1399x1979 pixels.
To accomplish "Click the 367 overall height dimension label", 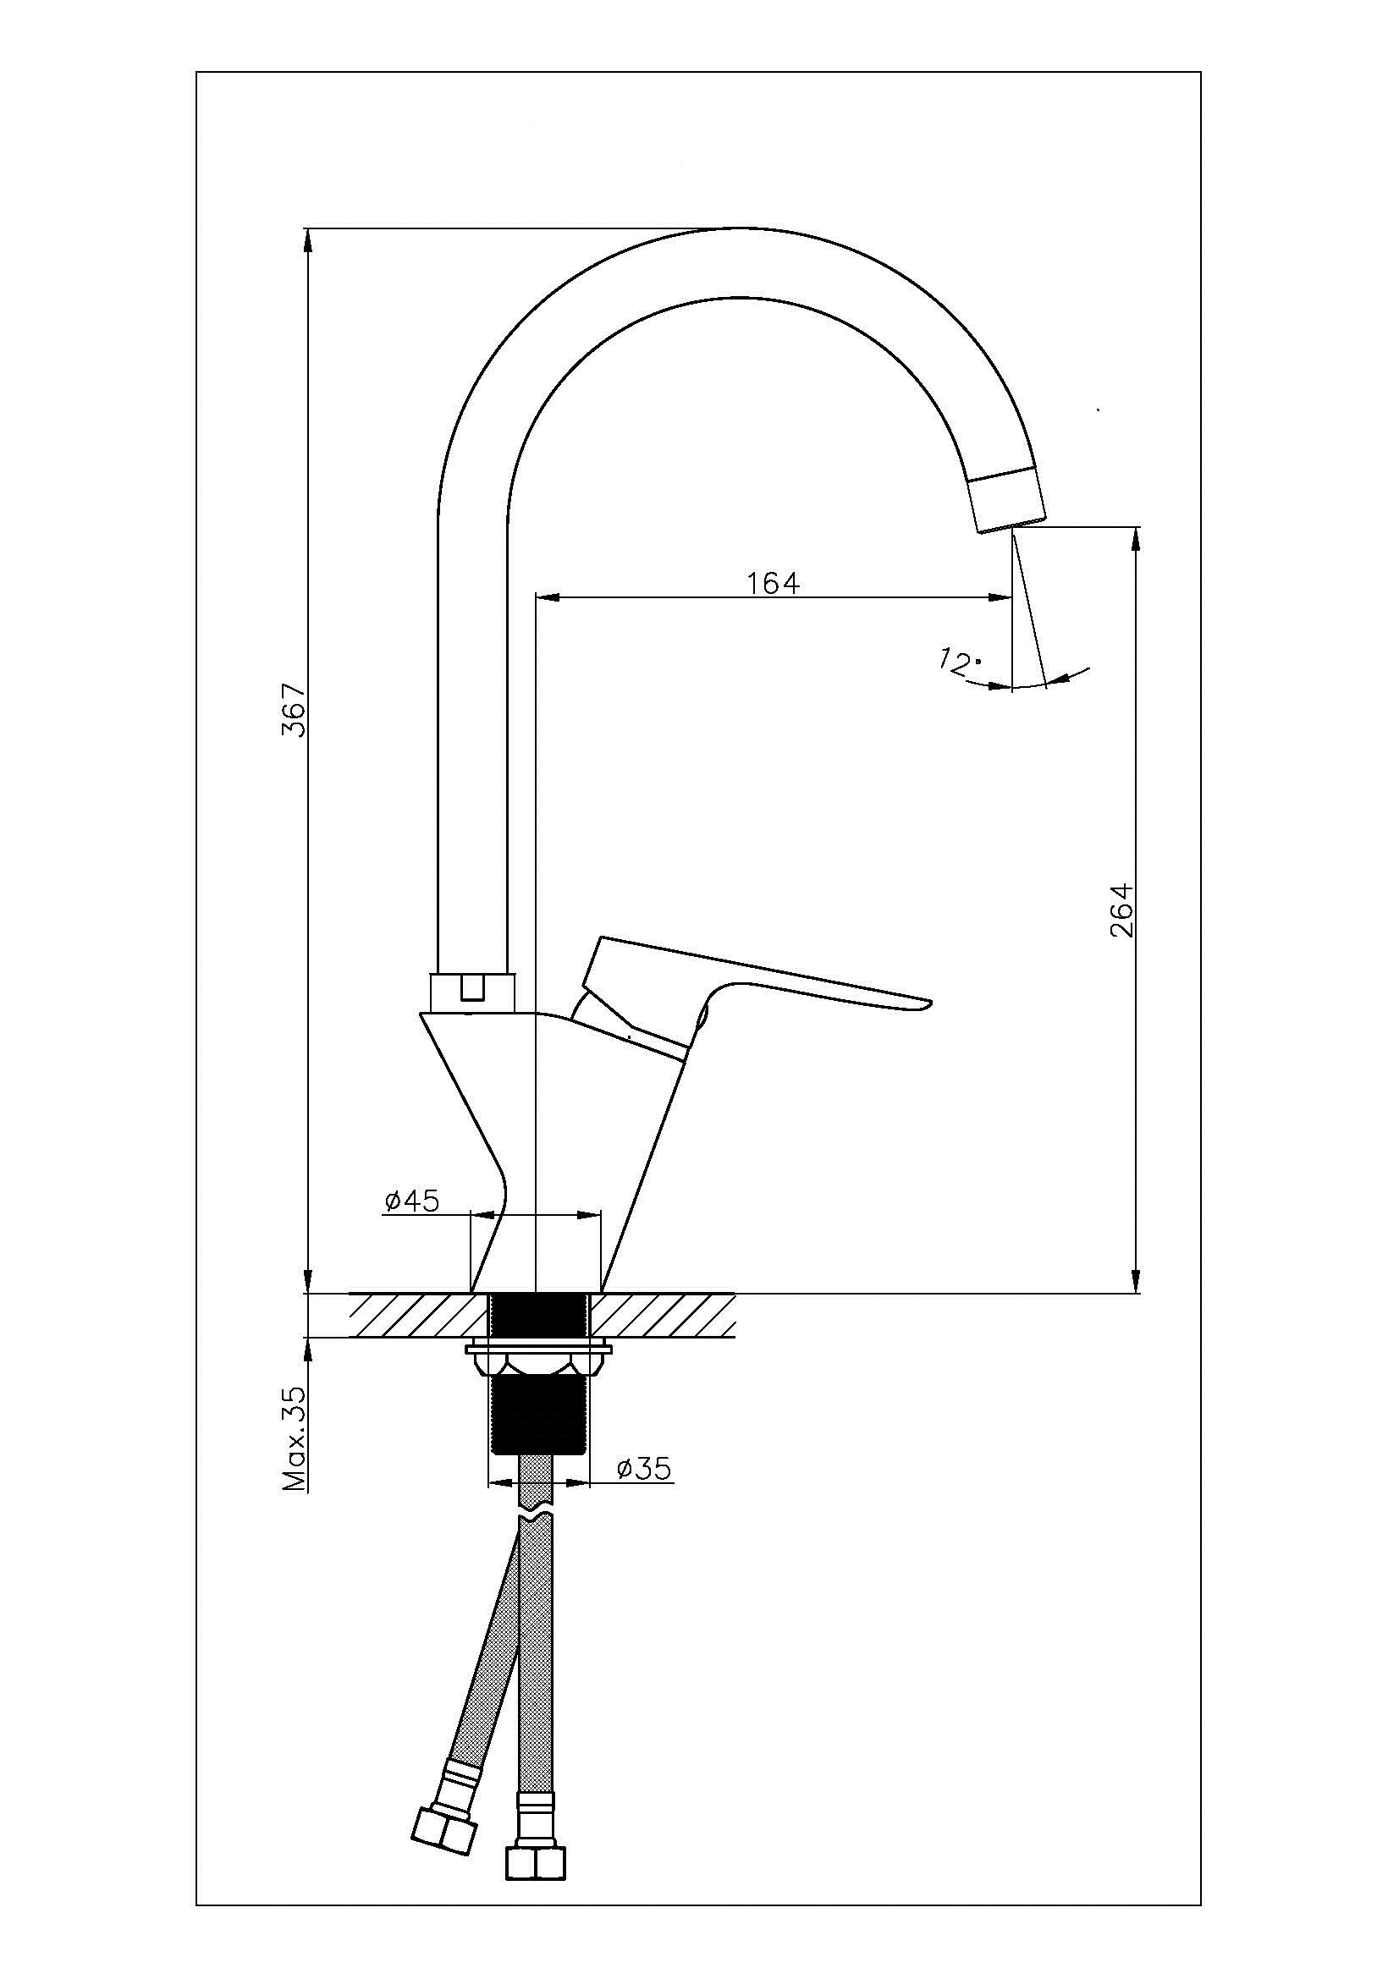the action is click(x=295, y=710).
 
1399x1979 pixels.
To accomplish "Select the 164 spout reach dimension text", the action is click(x=773, y=584).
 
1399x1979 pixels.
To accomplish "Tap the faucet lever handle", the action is click(x=750, y=992).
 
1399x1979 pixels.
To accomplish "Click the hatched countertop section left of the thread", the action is click(x=418, y=1315).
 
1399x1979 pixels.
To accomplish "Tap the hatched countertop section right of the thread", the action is click(x=662, y=1315).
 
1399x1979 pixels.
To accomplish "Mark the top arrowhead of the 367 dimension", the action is click(x=308, y=241).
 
